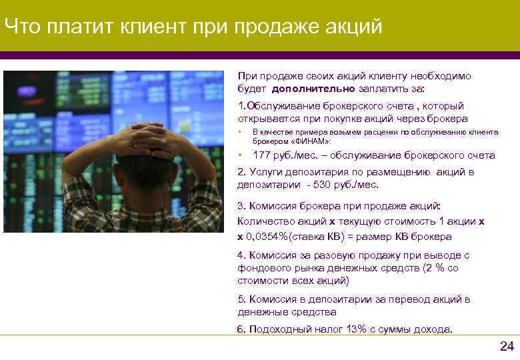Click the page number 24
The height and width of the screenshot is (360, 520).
pyautogui.click(x=507, y=346)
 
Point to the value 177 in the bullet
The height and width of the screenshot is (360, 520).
pyautogui.click(x=262, y=155)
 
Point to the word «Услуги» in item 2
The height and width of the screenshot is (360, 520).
pyautogui.click(x=263, y=171)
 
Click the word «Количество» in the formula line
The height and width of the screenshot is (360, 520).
pyautogui.click(x=262, y=221)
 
